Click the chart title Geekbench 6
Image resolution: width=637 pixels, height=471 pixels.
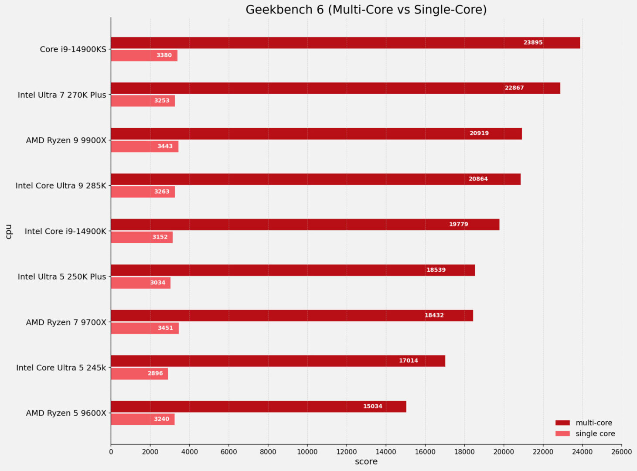pos(366,10)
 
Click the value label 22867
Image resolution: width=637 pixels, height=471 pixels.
pos(514,88)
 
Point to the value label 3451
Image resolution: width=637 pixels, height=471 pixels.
pos(165,328)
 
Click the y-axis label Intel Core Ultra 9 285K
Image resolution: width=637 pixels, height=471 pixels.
pos(61,186)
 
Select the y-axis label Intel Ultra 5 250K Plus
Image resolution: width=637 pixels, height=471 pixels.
pos(62,277)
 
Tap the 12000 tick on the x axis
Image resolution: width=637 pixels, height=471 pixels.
pos(347,452)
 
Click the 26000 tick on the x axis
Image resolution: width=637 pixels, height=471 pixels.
pos(621,452)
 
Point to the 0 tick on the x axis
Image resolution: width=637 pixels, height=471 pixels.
pos(111,452)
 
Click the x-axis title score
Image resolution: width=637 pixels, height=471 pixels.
pos(366,462)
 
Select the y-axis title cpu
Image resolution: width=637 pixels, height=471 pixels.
pos(9,232)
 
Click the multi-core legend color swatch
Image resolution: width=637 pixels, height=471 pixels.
pos(562,423)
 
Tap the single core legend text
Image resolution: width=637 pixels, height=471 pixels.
pos(595,433)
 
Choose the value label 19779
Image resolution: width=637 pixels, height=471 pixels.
pos(458,224)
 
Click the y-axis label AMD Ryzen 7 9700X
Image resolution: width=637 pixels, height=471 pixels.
pos(66,322)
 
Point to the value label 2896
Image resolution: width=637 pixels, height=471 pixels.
pos(155,373)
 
